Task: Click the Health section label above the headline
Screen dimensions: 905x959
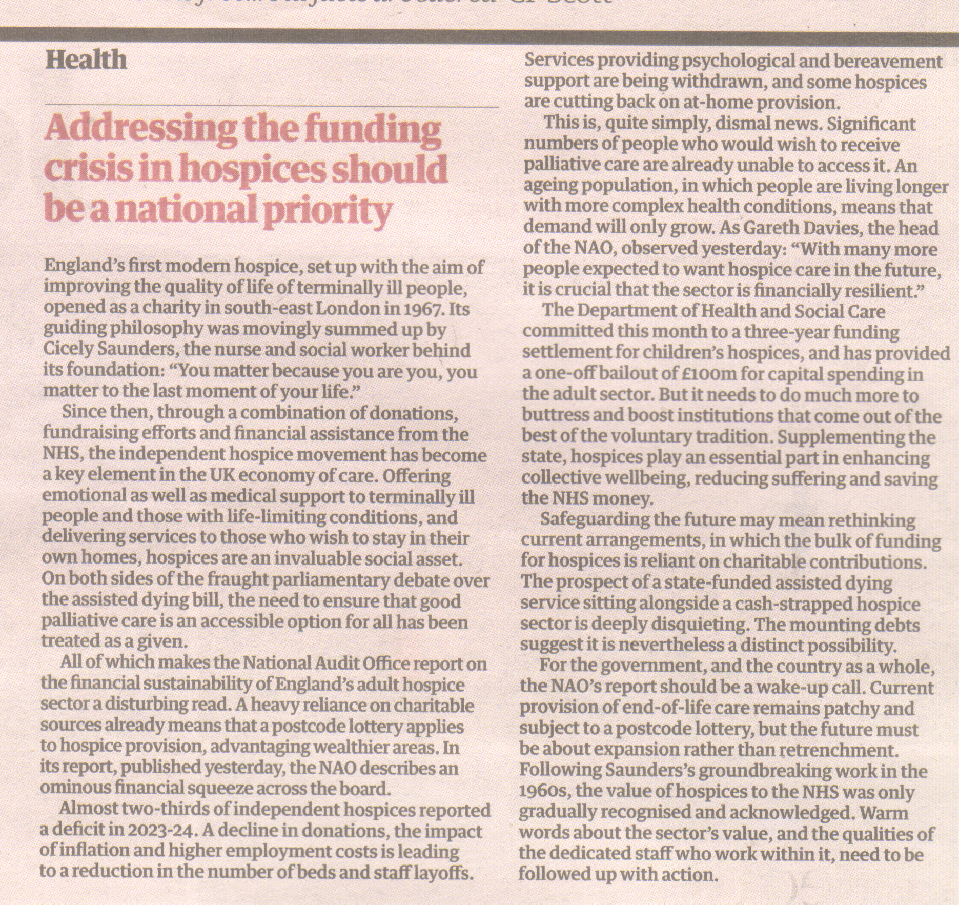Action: point(86,60)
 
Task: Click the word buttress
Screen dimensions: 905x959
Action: point(553,416)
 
